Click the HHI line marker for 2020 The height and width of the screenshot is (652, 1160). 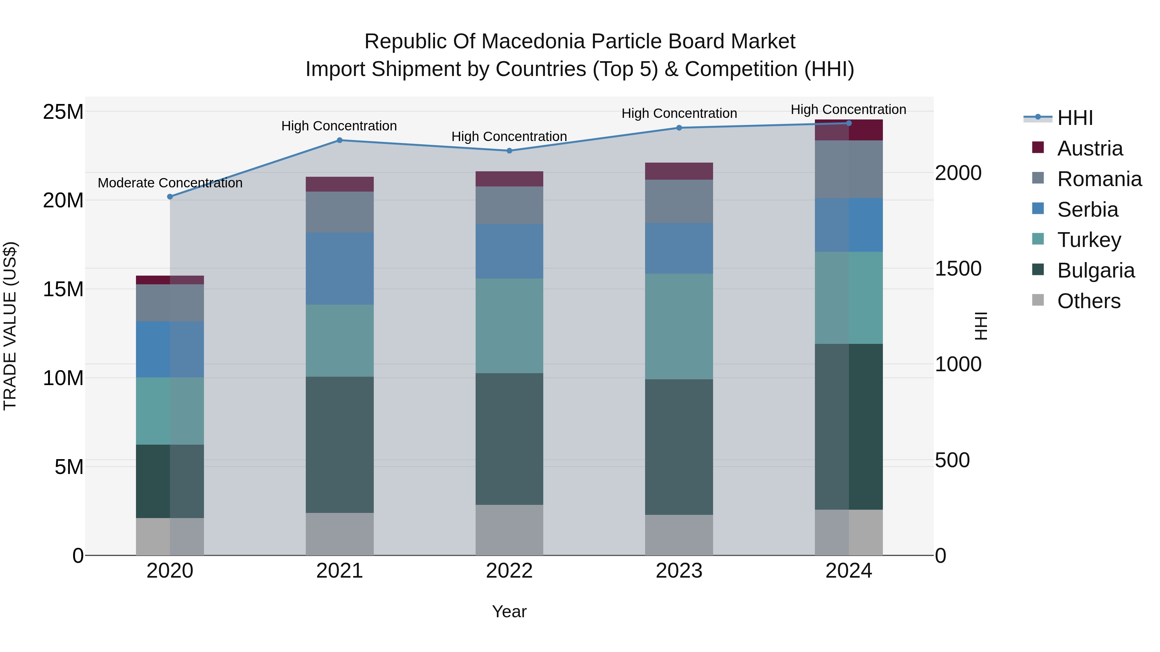coord(170,197)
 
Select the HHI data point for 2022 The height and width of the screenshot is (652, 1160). coord(509,151)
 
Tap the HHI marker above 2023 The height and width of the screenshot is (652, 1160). coord(679,128)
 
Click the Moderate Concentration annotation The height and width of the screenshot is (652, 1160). coord(170,183)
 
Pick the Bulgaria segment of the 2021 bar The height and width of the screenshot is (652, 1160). coord(340,445)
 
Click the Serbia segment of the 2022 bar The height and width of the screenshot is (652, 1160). coord(509,251)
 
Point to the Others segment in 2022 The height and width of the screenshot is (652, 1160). coord(509,530)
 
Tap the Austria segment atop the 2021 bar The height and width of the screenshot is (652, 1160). coord(340,184)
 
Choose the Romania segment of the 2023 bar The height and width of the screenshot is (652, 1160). coord(679,201)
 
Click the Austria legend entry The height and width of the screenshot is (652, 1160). coord(1090,148)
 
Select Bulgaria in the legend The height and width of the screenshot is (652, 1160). coord(1096,270)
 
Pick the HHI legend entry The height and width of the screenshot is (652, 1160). coord(1075,118)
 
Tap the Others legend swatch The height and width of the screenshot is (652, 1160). coord(1038,300)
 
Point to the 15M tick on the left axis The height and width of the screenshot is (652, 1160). coord(63,289)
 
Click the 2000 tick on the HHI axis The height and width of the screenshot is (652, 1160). coord(958,173)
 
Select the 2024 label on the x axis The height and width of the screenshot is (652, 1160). coord(848,571)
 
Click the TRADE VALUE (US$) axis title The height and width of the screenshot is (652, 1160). coord(10,326)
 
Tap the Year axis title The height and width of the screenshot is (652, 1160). coord(509,611)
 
